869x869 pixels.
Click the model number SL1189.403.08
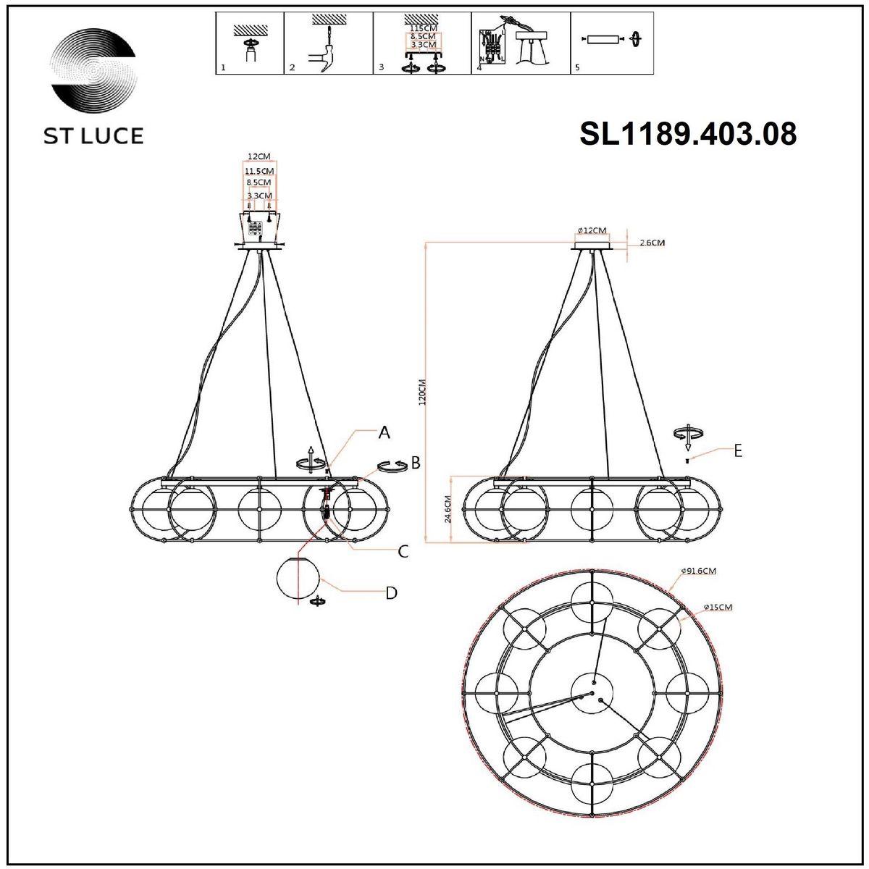688,134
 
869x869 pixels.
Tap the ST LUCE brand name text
91,135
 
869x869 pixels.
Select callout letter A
385,433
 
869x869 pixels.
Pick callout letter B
416,463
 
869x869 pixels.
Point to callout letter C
403,552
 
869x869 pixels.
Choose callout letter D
391,593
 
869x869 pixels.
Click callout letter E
737,450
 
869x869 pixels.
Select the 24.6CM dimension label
448,510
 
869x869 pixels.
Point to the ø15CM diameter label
718,607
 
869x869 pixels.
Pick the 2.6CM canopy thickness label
652,243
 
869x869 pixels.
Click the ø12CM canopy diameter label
592,230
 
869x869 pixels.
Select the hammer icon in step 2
324,59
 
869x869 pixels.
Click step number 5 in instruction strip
576,67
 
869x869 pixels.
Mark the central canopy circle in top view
592,691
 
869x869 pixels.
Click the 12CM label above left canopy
258,156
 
